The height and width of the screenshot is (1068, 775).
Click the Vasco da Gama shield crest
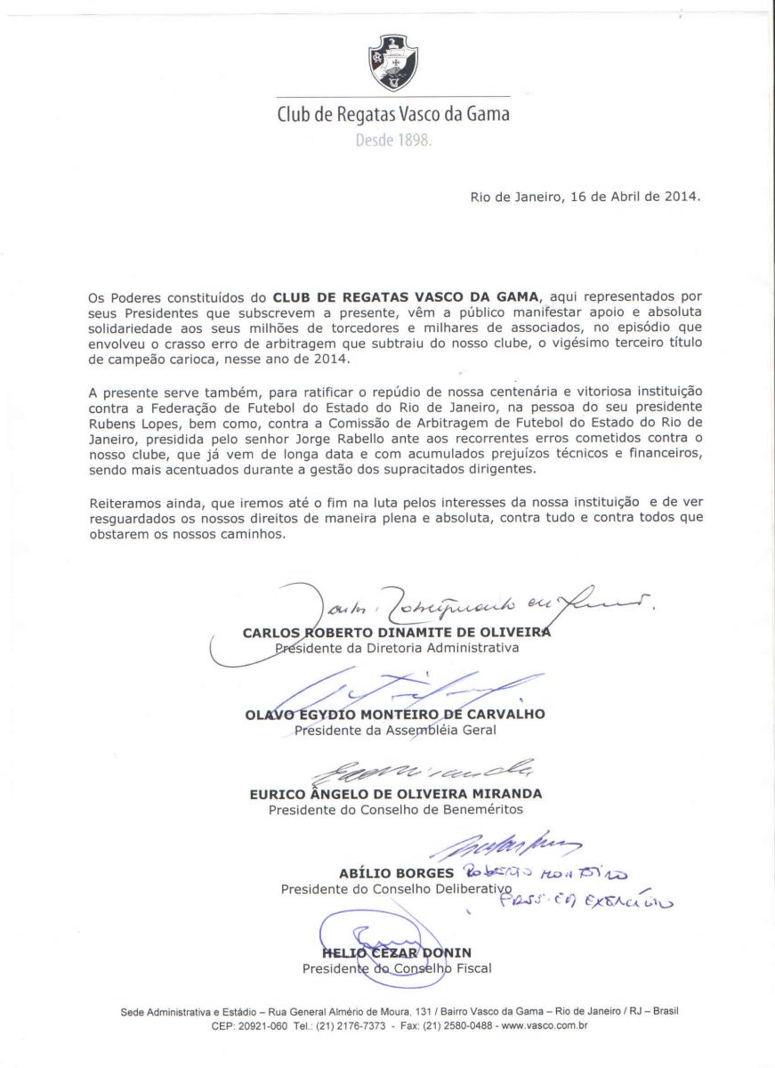[393, 62]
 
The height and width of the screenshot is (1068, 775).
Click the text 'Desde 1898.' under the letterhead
[393, 141]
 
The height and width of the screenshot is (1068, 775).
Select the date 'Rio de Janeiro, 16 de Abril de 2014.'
[585, 196]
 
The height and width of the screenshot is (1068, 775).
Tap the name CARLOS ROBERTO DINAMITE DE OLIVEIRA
[397, 633]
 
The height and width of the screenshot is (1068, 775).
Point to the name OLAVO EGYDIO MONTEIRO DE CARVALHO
[395, 714]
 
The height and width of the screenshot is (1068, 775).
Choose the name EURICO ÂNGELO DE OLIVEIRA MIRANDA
[395, 794]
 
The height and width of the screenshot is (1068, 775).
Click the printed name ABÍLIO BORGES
[396, 873]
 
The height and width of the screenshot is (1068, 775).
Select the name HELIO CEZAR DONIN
[396, 953]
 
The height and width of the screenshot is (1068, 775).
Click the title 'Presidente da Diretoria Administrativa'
[396, 648]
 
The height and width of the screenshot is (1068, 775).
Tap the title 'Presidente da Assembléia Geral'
[395, 730]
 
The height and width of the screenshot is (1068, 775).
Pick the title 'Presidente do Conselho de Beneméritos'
[395, 810]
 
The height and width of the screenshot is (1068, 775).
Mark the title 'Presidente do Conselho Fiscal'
[396, 968]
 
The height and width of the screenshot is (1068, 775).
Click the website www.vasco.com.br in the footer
[545, 1025]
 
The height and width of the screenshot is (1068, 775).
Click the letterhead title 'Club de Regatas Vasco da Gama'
[393, 115]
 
